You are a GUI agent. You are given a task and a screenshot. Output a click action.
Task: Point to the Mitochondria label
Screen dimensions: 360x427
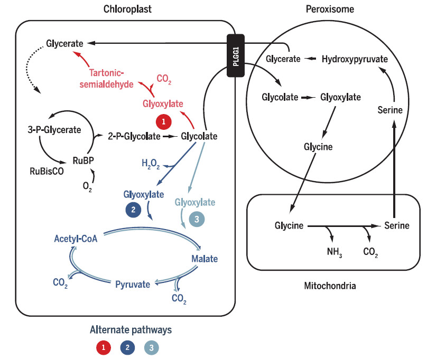[x=330, y=286]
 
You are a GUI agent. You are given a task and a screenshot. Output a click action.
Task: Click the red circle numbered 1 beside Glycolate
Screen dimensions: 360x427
[x=164, y=122]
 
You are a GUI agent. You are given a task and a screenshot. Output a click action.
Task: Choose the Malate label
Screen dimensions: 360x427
[x=204, y=259]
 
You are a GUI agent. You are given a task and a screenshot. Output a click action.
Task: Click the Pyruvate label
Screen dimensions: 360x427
[x=133, y=284]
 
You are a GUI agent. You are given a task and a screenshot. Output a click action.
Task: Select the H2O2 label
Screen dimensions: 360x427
[x=150, y=164]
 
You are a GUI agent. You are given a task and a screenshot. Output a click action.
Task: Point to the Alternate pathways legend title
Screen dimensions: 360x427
[x=126, y=330]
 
